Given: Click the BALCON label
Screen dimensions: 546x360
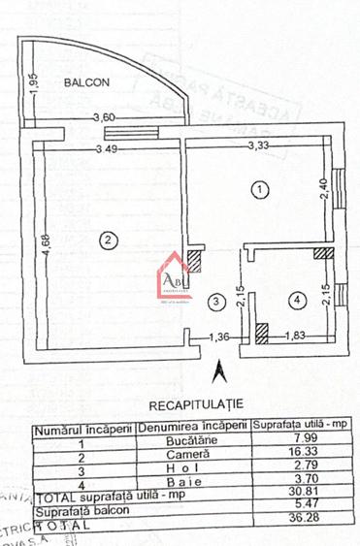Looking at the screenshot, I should (x=86, y=83).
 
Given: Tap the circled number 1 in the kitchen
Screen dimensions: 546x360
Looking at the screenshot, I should (x=259, y=190).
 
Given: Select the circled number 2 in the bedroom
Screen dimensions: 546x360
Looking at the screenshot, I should (x=110, y=241).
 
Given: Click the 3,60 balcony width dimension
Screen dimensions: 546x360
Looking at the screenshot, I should (x=105, y=118).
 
